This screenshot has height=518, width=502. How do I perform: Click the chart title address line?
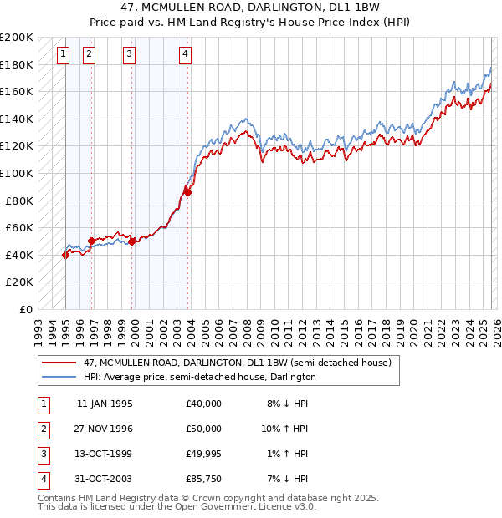click(250, 8)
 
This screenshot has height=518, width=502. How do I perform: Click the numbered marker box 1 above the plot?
click(64, 55)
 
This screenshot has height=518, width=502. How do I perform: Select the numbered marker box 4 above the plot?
click(185, 55)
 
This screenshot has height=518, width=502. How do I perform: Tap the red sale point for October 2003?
click(187, 193)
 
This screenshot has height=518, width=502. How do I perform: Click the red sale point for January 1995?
click(65, 255)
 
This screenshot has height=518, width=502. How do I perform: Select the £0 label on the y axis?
click(24, 309)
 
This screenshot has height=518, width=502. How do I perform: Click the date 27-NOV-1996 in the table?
click(105, 429)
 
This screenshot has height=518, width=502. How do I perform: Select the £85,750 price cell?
click(204, 479)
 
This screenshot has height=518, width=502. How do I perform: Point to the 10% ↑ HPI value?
click(284, 429)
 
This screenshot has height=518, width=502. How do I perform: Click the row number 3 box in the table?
click(43, 454)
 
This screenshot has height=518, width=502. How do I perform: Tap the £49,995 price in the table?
click(204, 454)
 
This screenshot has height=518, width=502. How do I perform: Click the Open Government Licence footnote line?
click(177, 507)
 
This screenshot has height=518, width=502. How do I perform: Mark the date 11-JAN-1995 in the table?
click(105, 404)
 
